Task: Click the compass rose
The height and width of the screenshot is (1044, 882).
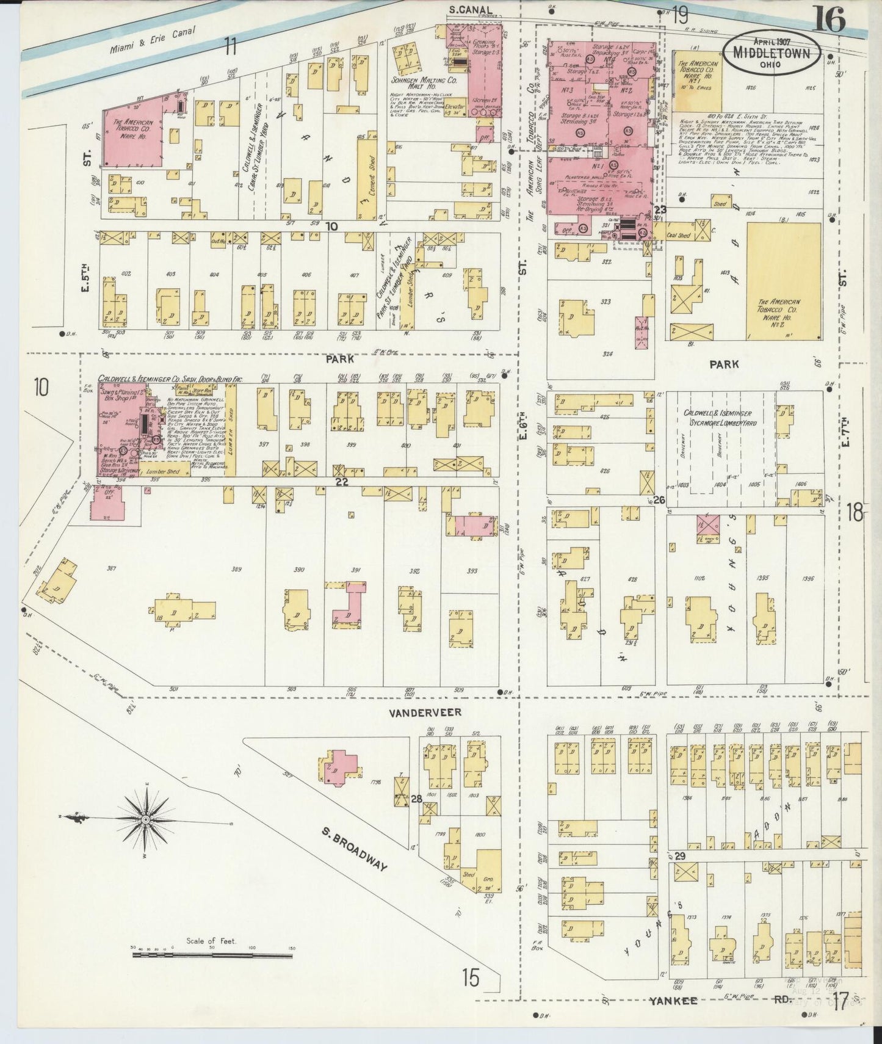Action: pyautogui.click(x=146, y=818)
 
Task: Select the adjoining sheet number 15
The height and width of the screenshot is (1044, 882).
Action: pyautogui.click(x=470, y=977)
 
